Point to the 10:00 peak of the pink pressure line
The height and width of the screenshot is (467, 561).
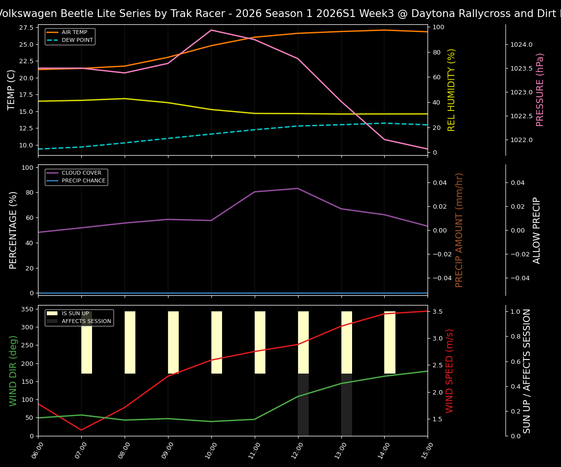(211, 30)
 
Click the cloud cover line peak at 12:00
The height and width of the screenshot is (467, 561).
(298, 188)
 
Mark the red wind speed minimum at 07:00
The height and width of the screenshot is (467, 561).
(81, 430)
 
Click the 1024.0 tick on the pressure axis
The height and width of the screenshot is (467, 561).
(522, 45)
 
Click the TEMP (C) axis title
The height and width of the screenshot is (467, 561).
(12, 90)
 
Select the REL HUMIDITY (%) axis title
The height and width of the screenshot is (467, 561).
(451, 90)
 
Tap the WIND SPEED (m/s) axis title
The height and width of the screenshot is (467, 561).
(450, 371)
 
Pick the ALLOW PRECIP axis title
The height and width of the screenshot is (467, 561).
(537, 230)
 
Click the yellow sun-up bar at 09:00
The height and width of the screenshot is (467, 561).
(173, 342)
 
